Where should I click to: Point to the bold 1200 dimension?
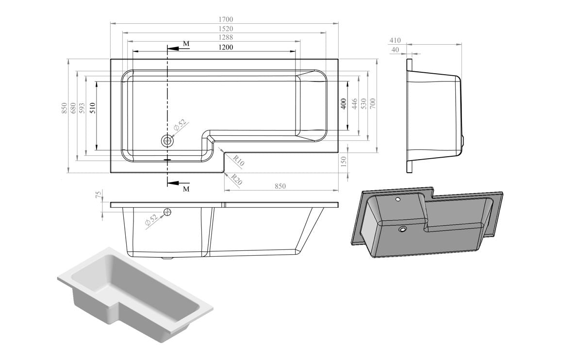coord(226,47)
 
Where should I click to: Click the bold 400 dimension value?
coord(344,103)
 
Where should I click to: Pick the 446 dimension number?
coord(355,103)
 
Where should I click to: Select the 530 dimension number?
coord(364,103)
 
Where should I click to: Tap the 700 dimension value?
coord(373,103)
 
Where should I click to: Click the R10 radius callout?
coord(238,161)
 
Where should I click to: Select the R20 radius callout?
coord(236,180)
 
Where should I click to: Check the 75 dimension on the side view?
coord(99,195)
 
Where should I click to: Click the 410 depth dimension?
coord(395,41)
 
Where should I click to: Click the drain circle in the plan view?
coord(167,141)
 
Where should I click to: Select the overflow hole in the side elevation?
coord(168,212)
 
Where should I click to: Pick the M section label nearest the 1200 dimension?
coord(186,44)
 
